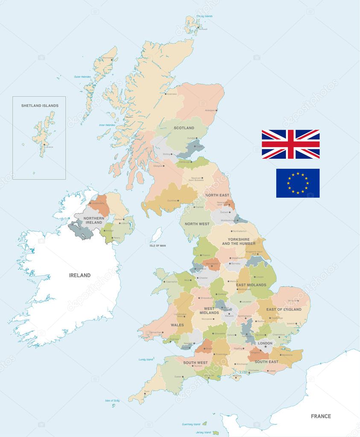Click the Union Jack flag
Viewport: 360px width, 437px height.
click(290, 144)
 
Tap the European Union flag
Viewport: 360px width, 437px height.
click(298, 183)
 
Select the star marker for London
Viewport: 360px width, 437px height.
click(265, 347)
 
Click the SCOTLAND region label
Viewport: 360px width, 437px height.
click(184, 128)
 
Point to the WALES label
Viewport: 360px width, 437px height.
click(177, 325)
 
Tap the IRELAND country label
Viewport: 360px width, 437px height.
click(80, 275)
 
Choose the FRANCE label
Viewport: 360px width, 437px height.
click(320, 416)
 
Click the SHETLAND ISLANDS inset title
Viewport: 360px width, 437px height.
click(40, 105)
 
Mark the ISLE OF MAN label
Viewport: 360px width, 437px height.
click(157, 245)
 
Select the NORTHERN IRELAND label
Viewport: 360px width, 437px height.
click(94, 220)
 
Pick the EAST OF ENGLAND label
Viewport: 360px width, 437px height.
click(284, 309)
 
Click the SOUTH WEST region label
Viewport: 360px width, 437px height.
click(196, 363)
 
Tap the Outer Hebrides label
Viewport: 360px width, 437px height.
click(83, 77)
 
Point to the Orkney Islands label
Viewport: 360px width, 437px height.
click(204, 16)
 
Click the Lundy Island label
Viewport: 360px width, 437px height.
click(146, 359)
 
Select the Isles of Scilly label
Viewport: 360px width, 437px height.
click(112, 401)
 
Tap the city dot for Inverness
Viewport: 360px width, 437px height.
click(165, 93)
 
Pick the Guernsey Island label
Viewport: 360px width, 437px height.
click(191, 424)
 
